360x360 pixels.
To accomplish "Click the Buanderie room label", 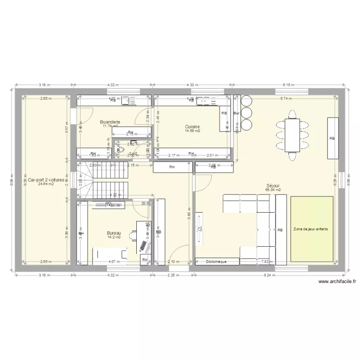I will [110, 122].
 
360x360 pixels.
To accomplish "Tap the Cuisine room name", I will [193, 127].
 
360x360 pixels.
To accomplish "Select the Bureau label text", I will [114, 233].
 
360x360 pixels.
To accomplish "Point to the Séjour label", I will [273, 185].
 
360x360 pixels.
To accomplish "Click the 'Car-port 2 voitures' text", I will [46, 180].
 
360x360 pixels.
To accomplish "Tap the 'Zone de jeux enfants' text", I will [311, 229].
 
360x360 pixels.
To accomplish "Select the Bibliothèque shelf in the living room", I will [217, 262].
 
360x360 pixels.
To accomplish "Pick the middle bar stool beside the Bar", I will [246, 113].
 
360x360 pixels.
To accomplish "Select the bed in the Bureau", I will [110, 254].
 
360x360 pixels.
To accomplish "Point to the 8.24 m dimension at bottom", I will [267, 276].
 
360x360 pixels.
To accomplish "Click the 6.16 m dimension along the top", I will [288, 85].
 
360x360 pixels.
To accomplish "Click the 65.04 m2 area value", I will [273, 190].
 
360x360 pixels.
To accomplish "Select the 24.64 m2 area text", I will [46, 184].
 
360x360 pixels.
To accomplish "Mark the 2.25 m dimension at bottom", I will [173, 276].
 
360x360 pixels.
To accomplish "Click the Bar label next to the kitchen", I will [236, 113].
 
